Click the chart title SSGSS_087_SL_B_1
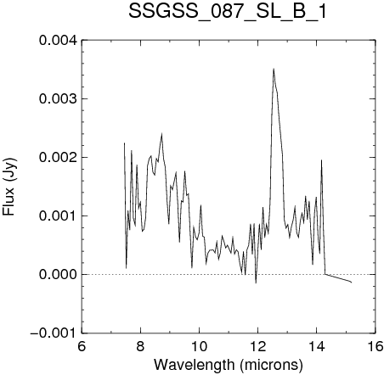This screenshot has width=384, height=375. (228, 12)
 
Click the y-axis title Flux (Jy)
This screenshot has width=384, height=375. (9, 187)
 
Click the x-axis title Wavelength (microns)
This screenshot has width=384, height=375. (229, 364)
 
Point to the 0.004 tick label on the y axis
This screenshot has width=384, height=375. (58, 40)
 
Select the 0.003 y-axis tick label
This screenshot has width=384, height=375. (58, 98)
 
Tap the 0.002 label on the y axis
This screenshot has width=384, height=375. (58, 157)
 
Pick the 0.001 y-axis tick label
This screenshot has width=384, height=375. (58, 215)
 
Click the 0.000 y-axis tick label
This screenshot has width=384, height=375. (58, 274)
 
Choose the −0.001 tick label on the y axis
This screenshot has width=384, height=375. (54, 333)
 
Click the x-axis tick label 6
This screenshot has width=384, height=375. (82, 346)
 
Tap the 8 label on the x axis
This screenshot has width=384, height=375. (140, 346)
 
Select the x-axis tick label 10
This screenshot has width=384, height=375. (200, 346)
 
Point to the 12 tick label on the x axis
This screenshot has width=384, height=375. (258, 346)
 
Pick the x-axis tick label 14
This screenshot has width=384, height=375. (317, 346)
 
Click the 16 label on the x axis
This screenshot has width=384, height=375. (376, 346)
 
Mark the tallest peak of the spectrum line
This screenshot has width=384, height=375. (274, 69)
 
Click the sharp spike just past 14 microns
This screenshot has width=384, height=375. (321, 160)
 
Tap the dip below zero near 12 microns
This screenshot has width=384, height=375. (256, 283)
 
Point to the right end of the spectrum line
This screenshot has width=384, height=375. (352, 283)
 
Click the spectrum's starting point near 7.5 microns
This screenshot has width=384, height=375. (124, 143)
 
